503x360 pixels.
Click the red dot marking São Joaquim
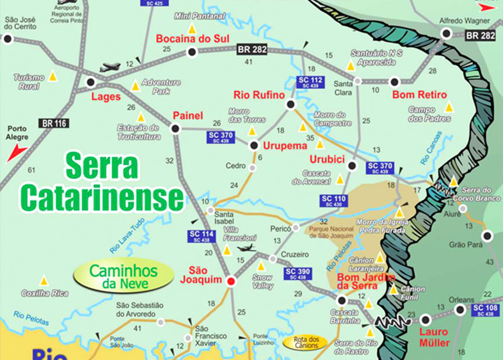pyautogui.click(x=231, y=281)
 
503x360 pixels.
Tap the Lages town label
pyautogui.click(x=106, y=96)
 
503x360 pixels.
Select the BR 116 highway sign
pyautogui.click(x=54, y=123)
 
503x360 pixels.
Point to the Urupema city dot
pyautogui.click(x=254, y=145)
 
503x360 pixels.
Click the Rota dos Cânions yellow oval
pyautogui.click(x=304, y=342)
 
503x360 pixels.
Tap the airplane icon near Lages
pyautogui.click(x=110, y=67)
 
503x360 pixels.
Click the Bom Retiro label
pyautogui.click(x=419, y=95)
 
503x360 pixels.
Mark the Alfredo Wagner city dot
pyautogui.click(x=446, y=34)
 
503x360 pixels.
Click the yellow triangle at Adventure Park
pyautogui.click(x=136, y=86)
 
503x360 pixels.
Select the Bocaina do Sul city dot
pyautogui.click(x=191, y=52)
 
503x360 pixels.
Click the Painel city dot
pyautogui.click(x=175, y=129)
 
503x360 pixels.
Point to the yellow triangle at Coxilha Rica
pyautogui.click(x=43, y=280)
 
